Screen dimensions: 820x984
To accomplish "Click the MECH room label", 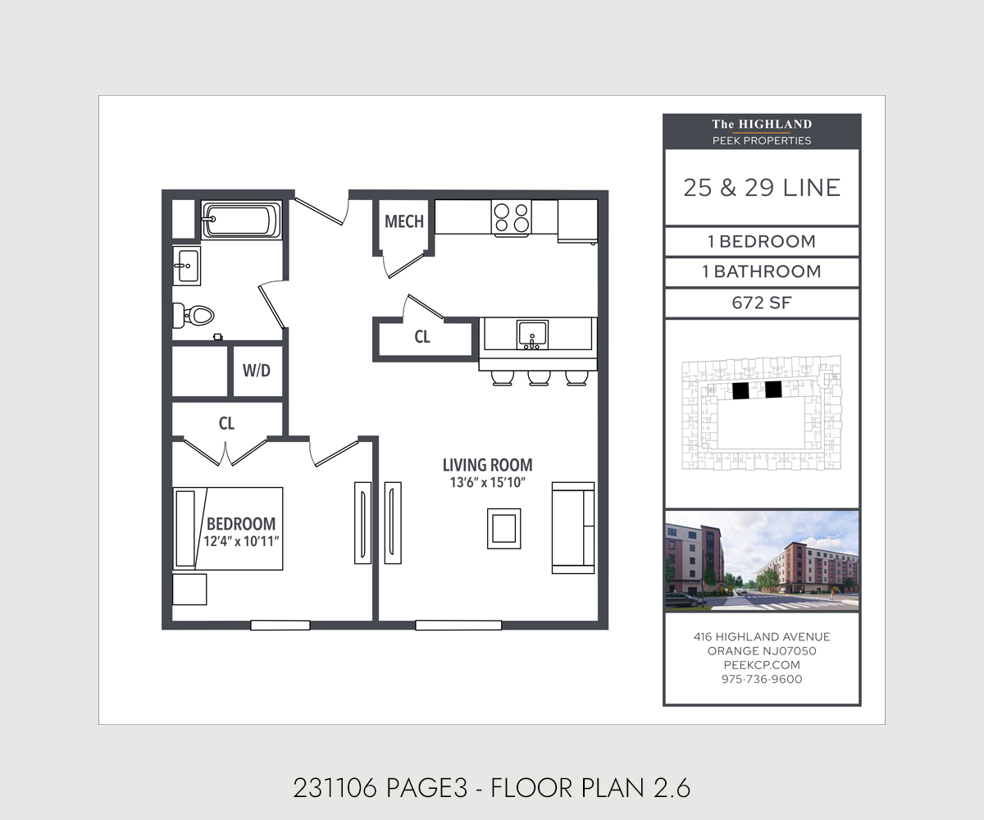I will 404,221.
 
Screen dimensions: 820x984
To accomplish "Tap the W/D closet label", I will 256,371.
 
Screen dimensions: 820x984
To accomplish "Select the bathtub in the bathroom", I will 242,221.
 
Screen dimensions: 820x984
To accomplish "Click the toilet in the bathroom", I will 194,315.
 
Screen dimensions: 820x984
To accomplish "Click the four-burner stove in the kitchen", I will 511,217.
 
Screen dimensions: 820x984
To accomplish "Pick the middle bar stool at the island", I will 539,377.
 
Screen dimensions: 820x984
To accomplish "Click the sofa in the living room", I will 573,527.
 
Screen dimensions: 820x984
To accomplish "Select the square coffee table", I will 503,528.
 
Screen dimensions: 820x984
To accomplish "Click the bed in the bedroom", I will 227,528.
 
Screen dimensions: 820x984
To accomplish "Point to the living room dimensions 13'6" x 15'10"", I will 487,483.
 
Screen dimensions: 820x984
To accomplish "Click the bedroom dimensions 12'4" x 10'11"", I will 241,541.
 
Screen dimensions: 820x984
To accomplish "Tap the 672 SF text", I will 761,303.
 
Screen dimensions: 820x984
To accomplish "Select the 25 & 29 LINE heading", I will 762,188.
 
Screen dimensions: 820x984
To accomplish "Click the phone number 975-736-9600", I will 762,679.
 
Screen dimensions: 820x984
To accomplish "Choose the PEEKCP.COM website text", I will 762,665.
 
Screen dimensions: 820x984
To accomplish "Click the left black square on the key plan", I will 740,390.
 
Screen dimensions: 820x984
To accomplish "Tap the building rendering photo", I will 762,561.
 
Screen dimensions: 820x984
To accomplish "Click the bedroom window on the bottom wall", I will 280,625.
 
